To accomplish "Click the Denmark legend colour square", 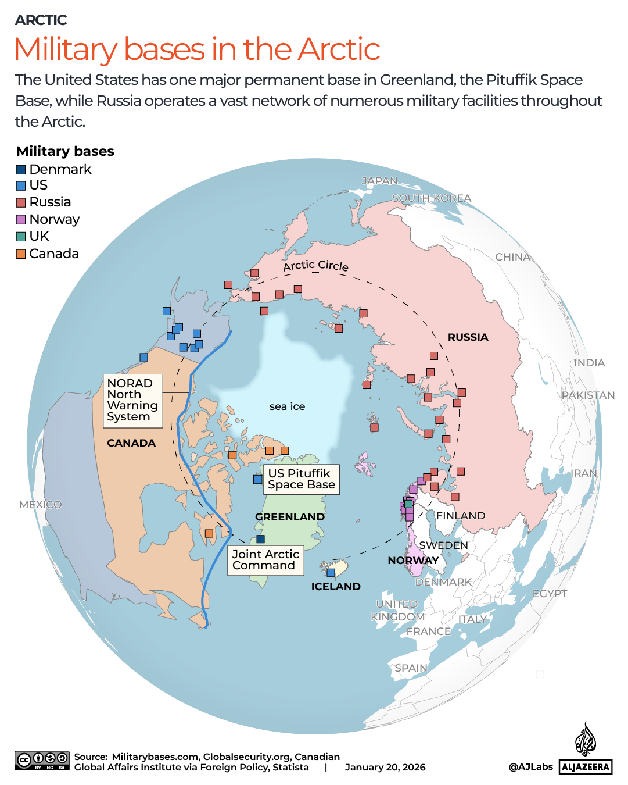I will point(21,170).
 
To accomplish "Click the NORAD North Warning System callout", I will point(132,400).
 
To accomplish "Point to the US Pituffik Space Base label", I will point(301,479).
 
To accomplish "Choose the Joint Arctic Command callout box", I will point(265,560).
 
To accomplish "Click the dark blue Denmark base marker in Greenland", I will point(260,539).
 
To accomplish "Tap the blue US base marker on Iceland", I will point(331,573).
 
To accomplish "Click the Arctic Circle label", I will point(315,265).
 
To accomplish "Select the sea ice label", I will point(287,406).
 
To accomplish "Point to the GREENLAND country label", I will point(290,516).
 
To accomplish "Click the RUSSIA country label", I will point(468,337).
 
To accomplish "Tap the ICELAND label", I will point(336,587).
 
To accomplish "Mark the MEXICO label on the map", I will point(40,504).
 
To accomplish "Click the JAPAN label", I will point(379,181).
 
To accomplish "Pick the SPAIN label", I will point(411,668).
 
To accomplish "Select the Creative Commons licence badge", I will point(42,761).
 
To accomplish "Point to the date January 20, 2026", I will point(385,768).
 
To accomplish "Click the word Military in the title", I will point(65,49).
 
